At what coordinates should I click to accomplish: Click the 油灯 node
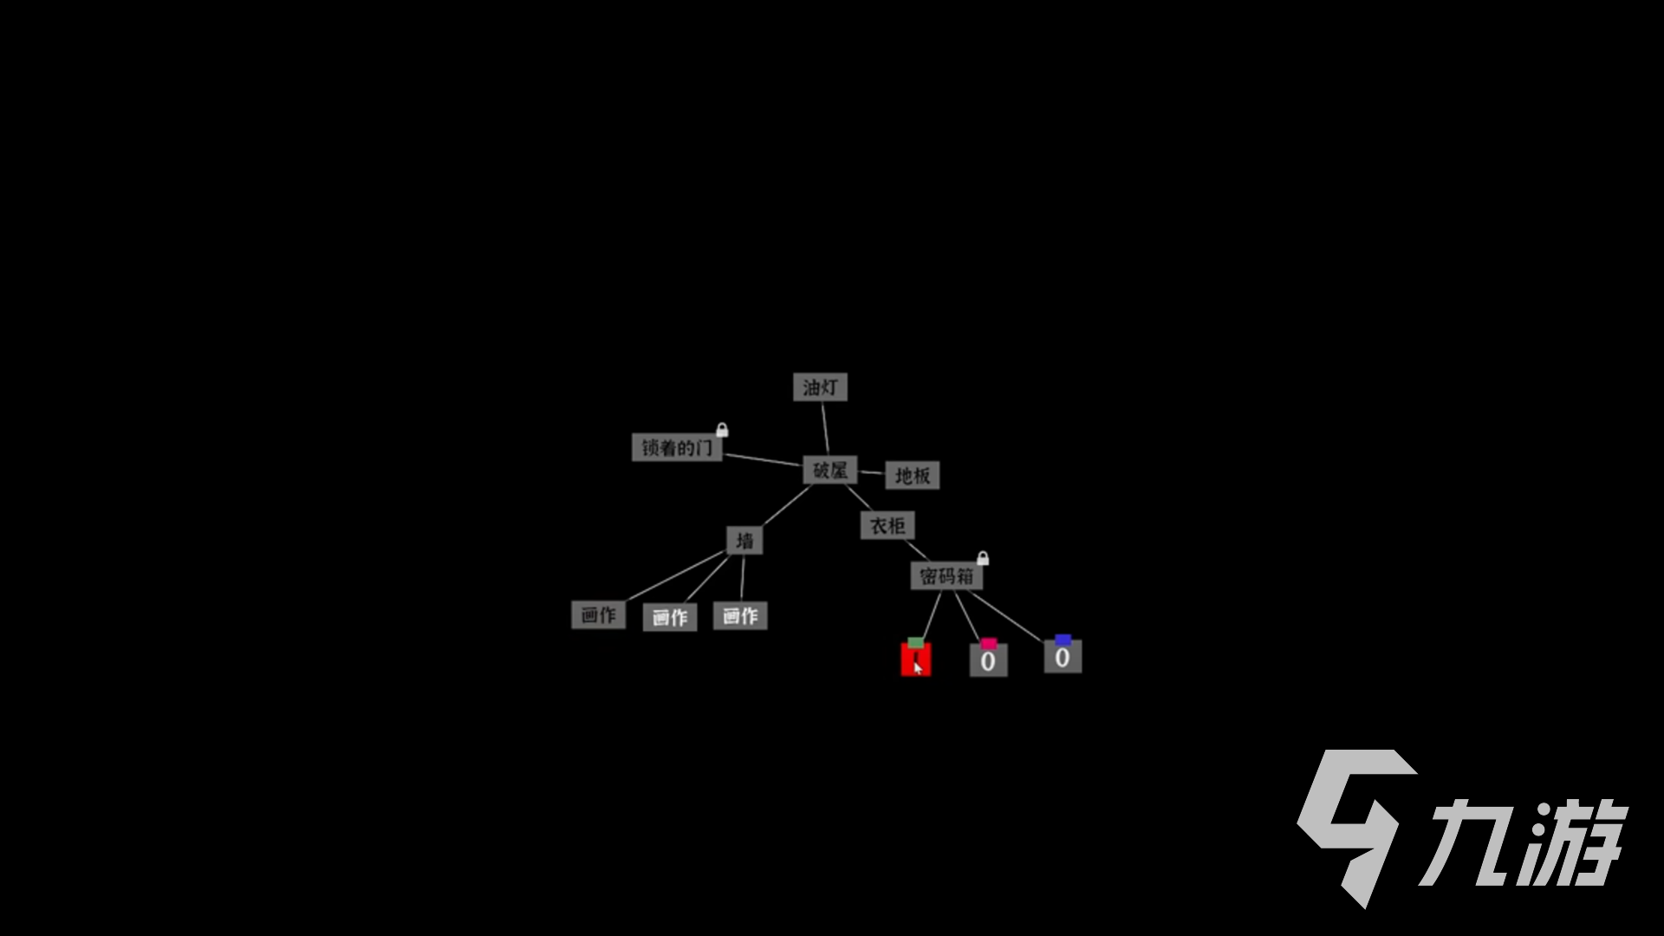[820, 387]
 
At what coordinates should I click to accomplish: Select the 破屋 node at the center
[829, 471]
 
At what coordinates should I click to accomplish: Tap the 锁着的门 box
[677, 447]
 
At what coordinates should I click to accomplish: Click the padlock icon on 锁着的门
[722, 430]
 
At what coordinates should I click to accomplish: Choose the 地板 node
[912, 475]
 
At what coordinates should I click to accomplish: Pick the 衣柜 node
[887, 525]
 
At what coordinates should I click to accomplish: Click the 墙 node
[744, 541]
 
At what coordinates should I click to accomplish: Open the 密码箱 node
[946, 576]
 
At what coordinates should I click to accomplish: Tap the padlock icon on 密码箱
[983, 558]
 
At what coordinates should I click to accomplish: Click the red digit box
[916, 660]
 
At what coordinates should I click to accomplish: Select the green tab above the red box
[916, 642]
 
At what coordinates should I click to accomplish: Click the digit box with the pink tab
[988, 661]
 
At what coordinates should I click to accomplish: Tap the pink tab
[989, 643]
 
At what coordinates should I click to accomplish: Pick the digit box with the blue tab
[1063, 657]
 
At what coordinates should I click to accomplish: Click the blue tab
[1063, 640]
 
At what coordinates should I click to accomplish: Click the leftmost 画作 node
[598, 615]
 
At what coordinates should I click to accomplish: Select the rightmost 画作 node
[740, 616]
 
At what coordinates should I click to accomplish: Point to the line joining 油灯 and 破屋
[825, 428]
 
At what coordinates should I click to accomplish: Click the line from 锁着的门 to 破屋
[764, 459]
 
